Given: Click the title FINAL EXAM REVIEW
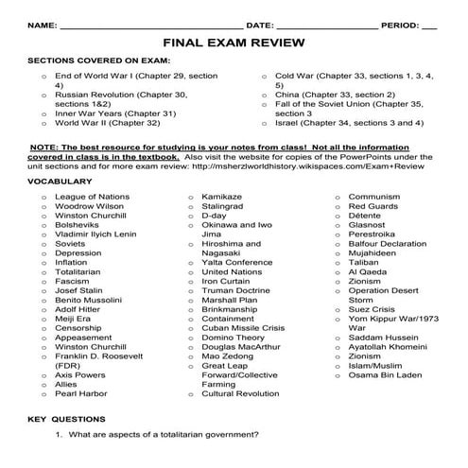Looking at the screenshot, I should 234,43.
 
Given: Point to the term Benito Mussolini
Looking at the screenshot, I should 94,300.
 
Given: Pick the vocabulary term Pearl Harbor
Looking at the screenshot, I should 81,392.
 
